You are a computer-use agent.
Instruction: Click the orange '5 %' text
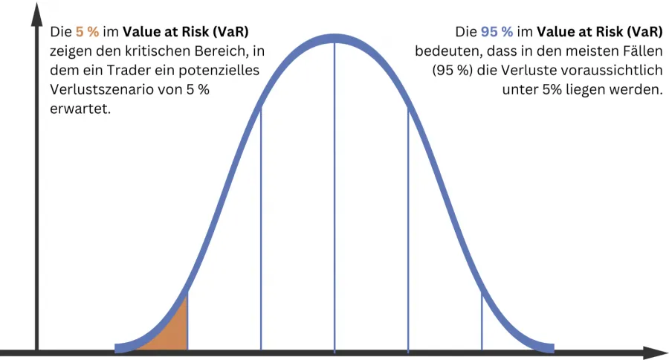click(87, 33)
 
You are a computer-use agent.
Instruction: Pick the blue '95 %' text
click(496, 33)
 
